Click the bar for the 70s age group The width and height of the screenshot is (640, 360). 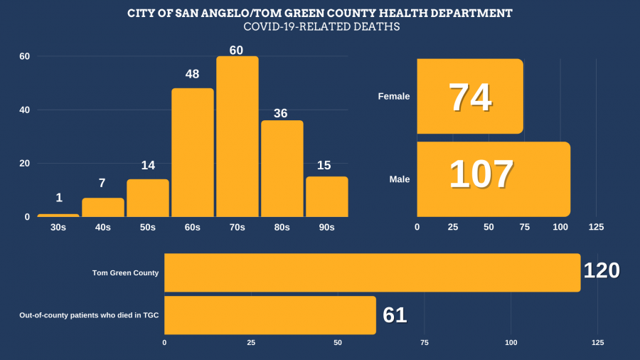pos(238,137)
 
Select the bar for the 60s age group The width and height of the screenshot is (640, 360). pos(193,152)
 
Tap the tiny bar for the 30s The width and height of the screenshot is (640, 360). pos(58,215)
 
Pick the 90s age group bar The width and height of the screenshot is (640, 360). pos(327,196)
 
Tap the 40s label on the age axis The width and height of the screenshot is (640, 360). pos(103,227)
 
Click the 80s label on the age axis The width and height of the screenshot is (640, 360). pos(282,227)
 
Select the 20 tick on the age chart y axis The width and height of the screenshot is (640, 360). pos(24,164)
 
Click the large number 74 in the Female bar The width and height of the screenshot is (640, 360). pos(470,97)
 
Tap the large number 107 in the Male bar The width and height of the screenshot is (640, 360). pos(481,174)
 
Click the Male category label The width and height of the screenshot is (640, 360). pos(400,179)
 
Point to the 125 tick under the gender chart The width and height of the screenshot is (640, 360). pos(596,227)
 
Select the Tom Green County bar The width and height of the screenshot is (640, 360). pos(372,272)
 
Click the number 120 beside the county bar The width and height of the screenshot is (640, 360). pos(602,271)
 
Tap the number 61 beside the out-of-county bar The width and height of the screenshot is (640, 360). pos(395,314)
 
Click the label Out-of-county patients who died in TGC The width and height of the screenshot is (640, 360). pos(89,314)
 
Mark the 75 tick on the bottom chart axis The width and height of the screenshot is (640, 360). pos(424,343)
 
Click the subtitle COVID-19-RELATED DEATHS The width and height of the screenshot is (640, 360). pos(321,28)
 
